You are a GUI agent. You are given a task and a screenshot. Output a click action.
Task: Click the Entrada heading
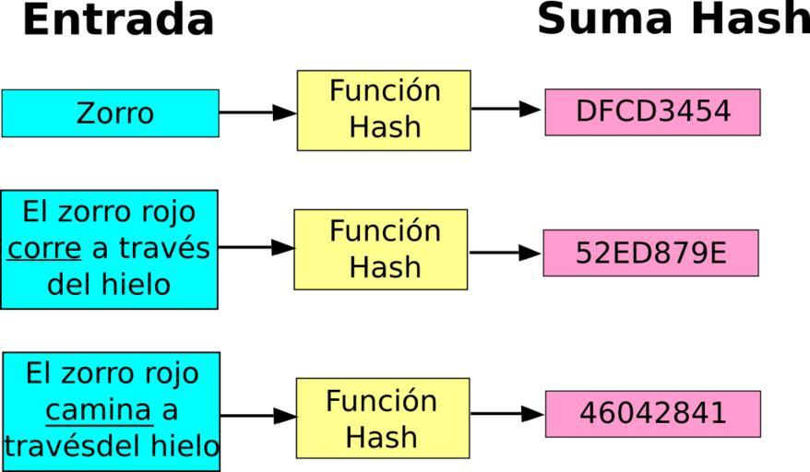point(117,20)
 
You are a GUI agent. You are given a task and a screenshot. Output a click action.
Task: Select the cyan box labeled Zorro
point(110,113)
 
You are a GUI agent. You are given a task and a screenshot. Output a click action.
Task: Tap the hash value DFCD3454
point(652,112)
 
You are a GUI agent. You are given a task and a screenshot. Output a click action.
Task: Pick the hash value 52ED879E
point(650,253)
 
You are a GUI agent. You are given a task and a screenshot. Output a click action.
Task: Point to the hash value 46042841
point(652,413)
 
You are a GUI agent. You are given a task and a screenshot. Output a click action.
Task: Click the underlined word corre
point(44,249)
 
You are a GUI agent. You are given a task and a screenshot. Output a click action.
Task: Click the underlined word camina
point(98,409)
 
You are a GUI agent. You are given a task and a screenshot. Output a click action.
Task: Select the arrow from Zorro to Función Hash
point(257,112)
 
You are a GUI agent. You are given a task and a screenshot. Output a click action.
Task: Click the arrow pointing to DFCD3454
point(506,109)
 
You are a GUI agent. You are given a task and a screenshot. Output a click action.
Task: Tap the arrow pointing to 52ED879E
point(505,253)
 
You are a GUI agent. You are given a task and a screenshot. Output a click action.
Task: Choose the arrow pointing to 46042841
point(506,414)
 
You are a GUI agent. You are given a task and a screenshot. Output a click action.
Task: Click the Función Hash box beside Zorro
point(384,110)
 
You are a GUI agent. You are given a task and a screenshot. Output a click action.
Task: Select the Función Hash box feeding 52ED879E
point(380,249)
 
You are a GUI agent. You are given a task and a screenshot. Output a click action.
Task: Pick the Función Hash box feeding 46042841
point(382,418)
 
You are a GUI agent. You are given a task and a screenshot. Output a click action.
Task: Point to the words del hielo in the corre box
point(109,285)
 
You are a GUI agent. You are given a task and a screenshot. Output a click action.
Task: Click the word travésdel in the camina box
point(69,446)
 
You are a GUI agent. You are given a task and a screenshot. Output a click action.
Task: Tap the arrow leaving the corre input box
point(256,247)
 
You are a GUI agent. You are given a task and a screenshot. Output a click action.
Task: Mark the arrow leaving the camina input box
point(258,416)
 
